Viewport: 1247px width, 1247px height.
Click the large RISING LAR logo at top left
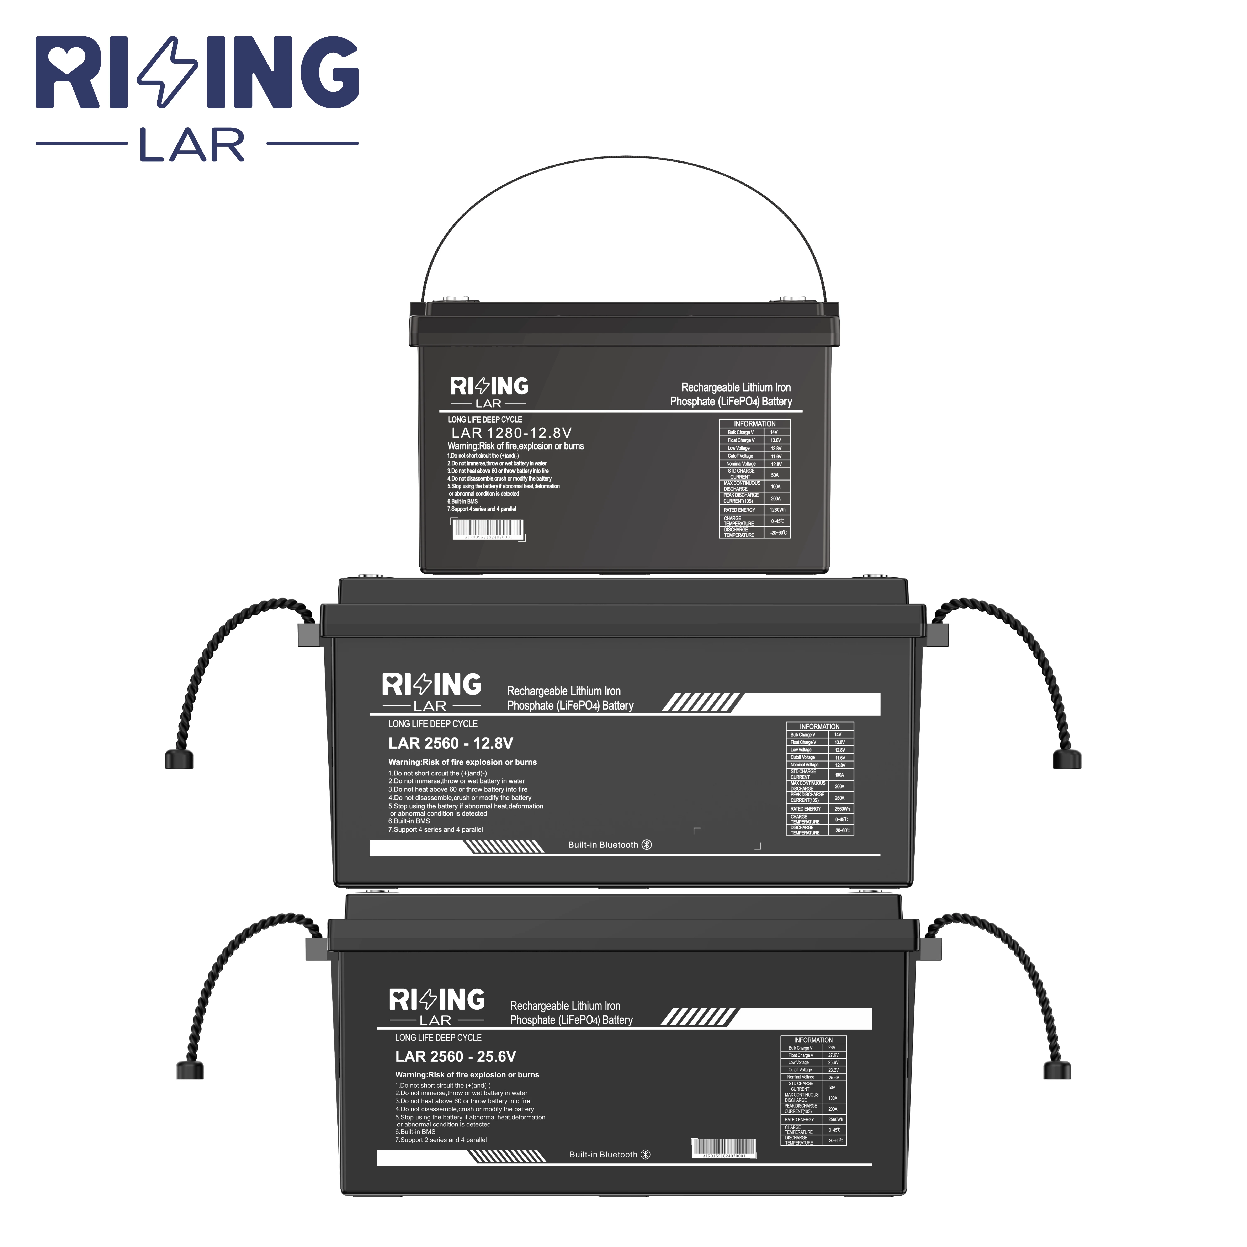(x=197, y=97)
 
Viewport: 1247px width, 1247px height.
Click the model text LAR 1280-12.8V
(x=511, y=433)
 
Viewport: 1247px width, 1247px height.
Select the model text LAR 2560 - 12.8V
(x=451, y=744)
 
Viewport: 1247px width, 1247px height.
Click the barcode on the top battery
(x=487, y=529)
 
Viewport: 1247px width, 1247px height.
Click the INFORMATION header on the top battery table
(x=754, y=424)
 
